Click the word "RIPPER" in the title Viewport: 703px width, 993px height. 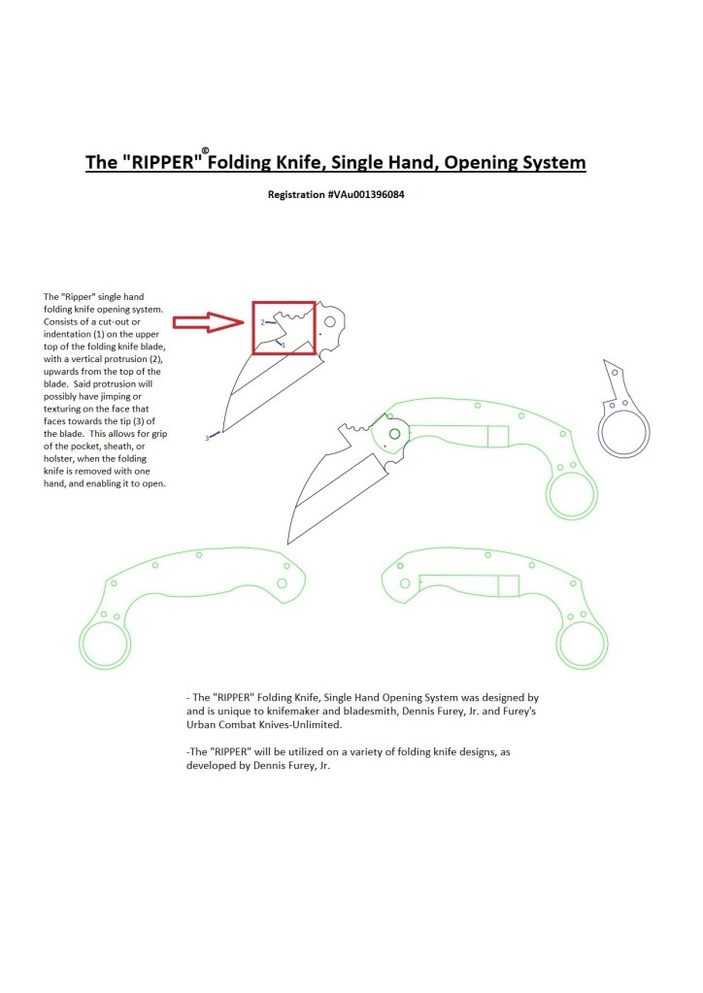tap(161, 162)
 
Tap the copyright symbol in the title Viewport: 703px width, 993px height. tap(205, 150)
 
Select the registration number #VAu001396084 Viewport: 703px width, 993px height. tap(366, 194)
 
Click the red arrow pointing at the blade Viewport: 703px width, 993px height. tap(209, 322)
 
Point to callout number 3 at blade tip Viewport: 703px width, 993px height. tap(207, 438)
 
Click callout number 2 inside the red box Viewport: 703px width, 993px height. tap(262, 322)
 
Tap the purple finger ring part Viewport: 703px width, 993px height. tap(623, 433)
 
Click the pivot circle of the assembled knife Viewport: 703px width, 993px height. tap(394, 434)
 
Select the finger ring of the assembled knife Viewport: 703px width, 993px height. tap(572, 495)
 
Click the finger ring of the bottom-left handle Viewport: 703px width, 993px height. tap(105, 644)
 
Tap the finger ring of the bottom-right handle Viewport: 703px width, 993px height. tap(582, 644)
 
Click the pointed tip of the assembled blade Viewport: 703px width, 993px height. tap(288, 544)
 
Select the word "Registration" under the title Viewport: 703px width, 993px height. tap(296, 194)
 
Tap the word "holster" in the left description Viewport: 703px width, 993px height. tap(57, 458)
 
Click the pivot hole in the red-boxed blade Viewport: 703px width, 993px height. tap(330, 322)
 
